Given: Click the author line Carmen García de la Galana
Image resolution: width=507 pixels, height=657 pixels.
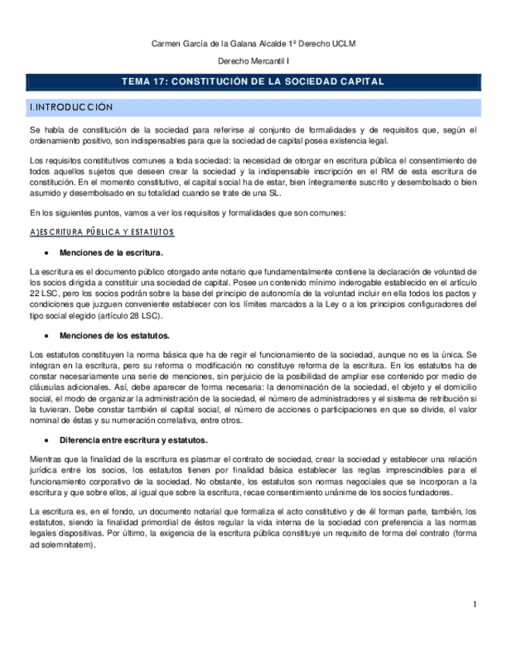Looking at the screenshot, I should pyautogui.click(x=253, y=43).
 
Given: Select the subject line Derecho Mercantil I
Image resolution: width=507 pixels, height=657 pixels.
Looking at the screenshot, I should pyautogui.click(x=253, y=62).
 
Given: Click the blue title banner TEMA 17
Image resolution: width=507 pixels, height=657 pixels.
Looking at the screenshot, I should pyautogui.click(x=253, y=81).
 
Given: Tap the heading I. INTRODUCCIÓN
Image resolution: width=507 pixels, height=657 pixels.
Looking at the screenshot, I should pyautogui.click(x=70, y=106).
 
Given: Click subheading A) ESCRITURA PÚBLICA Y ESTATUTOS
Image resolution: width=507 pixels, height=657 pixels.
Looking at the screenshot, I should pyautogui.click(x=101, y=232).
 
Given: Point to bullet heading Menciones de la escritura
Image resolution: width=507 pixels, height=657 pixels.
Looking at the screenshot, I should pyautogui.click(x=111, y=253).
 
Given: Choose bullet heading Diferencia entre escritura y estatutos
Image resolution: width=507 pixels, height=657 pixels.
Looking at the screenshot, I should pyautogui.click(x=133, y=439).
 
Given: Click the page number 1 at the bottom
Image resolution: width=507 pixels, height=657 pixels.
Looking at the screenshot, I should pyautogui.click(x=475, y=604).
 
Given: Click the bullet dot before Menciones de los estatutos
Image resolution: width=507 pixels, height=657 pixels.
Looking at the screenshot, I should pyautogui.click(x=48, y=335).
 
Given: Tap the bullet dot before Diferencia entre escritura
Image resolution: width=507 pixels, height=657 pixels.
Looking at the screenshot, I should pyautogui.click(x=48, y=439).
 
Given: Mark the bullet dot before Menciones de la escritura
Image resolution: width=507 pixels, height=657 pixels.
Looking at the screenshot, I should pyautogui.click(x=48, y=253).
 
